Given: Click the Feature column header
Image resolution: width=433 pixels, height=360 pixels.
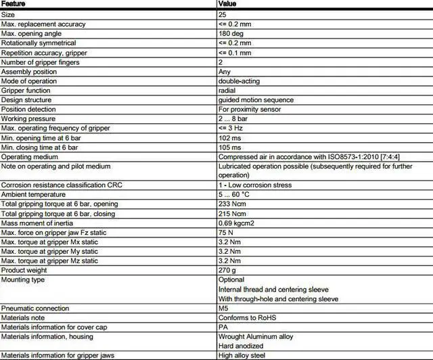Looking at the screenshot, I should [14, 3].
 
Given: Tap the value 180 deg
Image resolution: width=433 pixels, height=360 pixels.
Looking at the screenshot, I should [231, 32].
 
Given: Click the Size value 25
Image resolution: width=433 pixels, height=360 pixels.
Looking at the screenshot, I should [223, 14].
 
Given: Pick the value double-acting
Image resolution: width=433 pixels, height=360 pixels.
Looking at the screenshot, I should [240, 80].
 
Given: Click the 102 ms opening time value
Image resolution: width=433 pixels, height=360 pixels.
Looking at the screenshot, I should [229, 137].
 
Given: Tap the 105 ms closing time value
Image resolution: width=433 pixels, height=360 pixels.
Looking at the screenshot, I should [229, 147].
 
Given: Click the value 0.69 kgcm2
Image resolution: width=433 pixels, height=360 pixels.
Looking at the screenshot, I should [236, 222].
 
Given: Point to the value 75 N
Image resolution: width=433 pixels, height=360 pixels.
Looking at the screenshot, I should [226, 231].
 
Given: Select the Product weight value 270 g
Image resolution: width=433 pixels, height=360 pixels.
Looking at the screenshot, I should [227, 269].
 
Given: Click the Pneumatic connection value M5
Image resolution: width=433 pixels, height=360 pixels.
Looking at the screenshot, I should [223, 308].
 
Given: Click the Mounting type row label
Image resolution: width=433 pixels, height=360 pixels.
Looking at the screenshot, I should [23, 279].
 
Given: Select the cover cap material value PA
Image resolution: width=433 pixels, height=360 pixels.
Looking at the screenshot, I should [223, 327].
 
